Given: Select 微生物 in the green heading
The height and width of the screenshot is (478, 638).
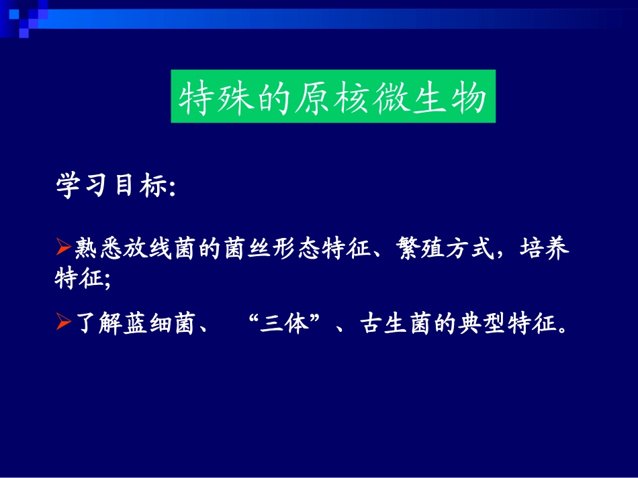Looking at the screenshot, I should pyautogui.click(x=430, y=98).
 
